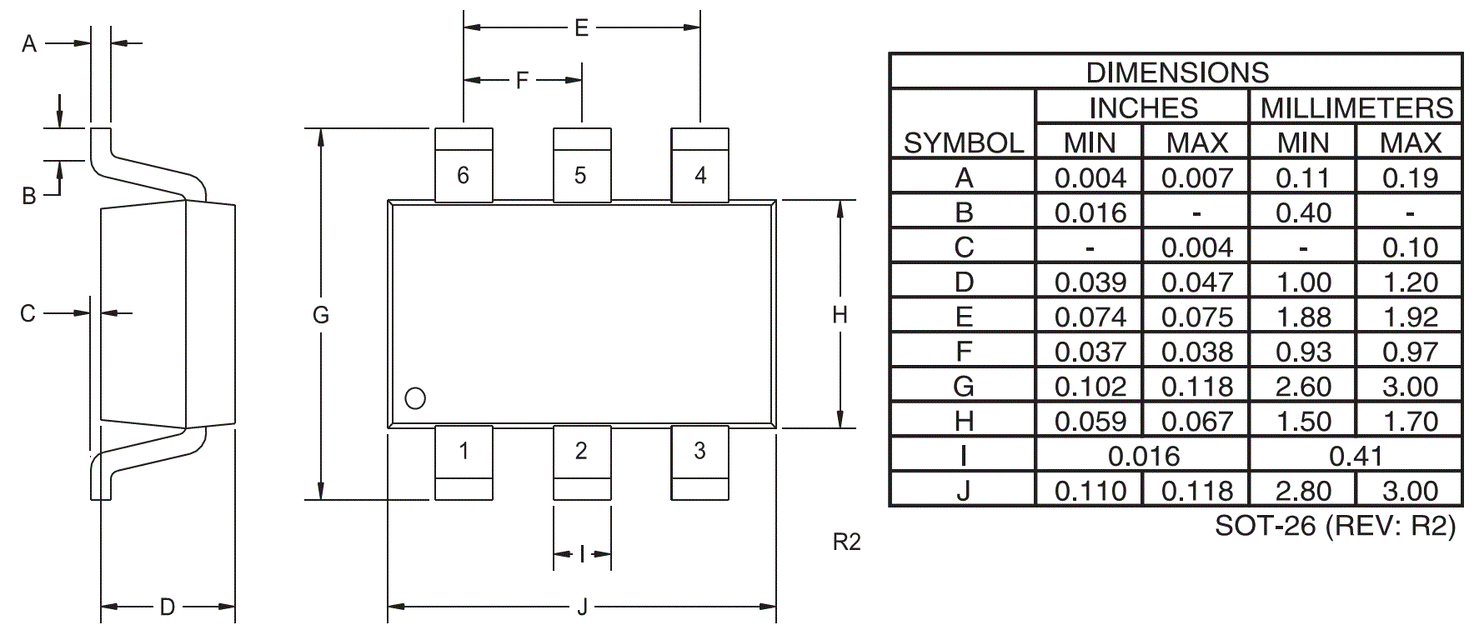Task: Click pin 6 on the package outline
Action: click(x=464, y=164)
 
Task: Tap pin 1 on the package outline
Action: click(x=464, y=463)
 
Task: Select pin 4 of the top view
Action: click(x=700, y=164)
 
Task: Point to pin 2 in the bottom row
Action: click(x=582, y=463)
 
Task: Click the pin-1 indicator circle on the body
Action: click(x=415, y=398)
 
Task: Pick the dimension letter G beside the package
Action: click(x=321, y=315)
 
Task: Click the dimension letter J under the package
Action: click(x=582, y=607)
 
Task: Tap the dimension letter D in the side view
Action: click(x=168, y=607)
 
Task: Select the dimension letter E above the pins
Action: click(x=581, y=28)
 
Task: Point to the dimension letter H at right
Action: click(x=840, y=315)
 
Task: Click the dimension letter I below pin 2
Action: click(x=582, y=554)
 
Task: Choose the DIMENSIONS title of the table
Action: click(x=1176, y=72)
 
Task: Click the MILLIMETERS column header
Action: click(x=1356, y=107)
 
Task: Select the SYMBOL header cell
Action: click(x=964, y=143)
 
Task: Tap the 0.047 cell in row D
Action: click(x=1196, y=282)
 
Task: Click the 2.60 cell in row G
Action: click(x=1303, y=387)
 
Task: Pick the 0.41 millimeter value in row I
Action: click(x=1356, y=456)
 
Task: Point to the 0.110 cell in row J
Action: click(x=1090, y=491)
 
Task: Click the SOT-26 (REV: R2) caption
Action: click(x=1335, y=526)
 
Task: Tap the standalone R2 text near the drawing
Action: click(x=846, y=542)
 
